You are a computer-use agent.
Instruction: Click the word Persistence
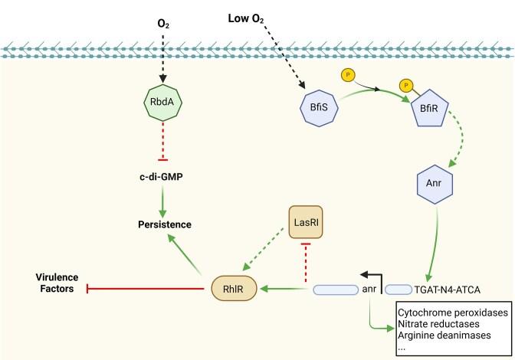[162, 224]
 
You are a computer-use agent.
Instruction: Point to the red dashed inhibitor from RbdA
[162, 142]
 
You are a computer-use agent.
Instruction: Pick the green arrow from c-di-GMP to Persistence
[162, 201]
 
